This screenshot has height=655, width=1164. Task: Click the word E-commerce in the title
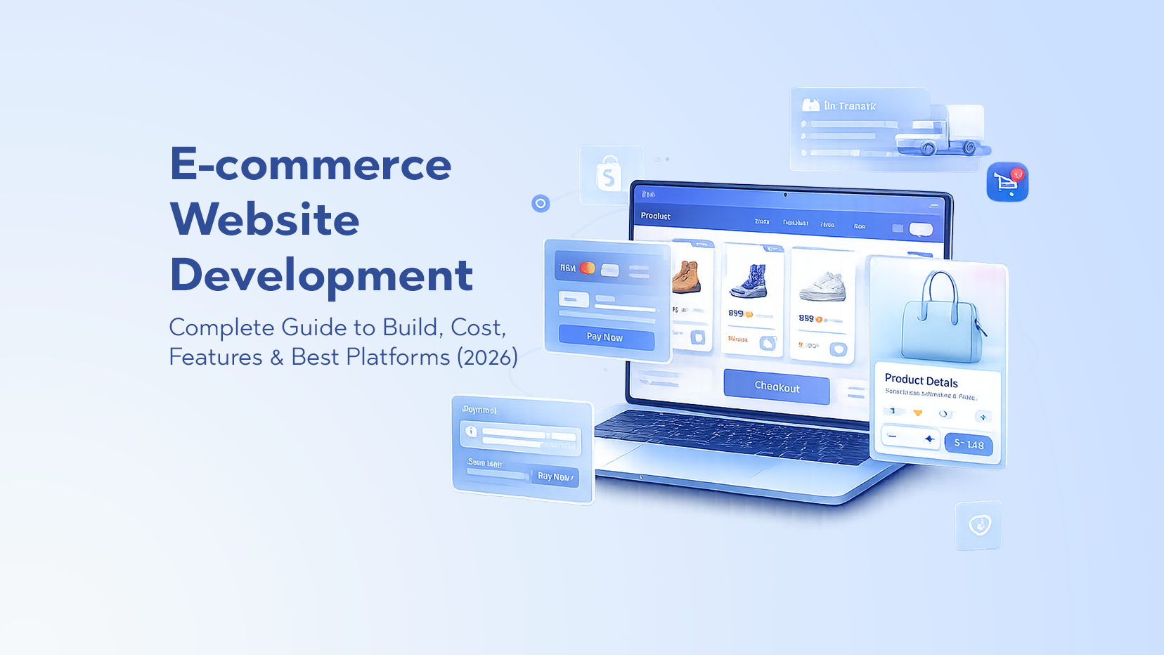(310, 164)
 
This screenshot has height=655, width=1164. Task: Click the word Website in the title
(265, 219)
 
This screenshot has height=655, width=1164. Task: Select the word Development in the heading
(321, 275)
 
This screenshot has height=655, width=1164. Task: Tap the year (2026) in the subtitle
(487, 357)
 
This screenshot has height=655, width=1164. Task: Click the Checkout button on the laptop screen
(777, 387)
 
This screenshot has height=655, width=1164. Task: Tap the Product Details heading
(921, 381)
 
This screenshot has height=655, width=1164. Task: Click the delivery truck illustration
(942, 132)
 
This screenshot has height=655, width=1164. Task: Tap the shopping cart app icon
(1007, 182)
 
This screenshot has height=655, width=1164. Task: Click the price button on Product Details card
(969, 444)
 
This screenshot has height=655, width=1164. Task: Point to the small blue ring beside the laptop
(541, 204)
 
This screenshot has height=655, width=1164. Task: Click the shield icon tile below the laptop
(978, 525)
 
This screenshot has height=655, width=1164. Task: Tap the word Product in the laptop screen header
(655, 216)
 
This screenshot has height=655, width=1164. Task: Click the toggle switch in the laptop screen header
(921, 229)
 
